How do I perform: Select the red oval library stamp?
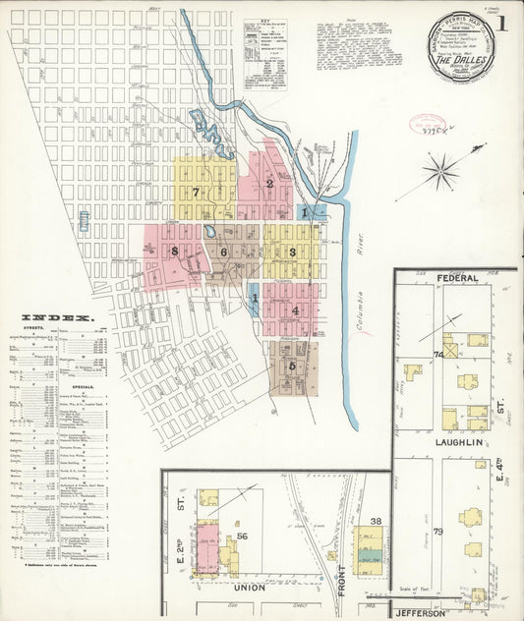[428, 125]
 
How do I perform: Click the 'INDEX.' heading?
[55, 318]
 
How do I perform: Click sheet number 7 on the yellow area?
[197, 191]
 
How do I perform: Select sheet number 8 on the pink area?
[173, 252]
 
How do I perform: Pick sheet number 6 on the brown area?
[224, 253]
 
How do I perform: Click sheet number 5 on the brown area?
[292, 366]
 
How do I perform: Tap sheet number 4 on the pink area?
[295, 310]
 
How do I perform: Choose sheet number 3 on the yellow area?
[292, 253]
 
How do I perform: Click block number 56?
[241, 536]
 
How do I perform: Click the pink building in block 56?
[207, 546]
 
